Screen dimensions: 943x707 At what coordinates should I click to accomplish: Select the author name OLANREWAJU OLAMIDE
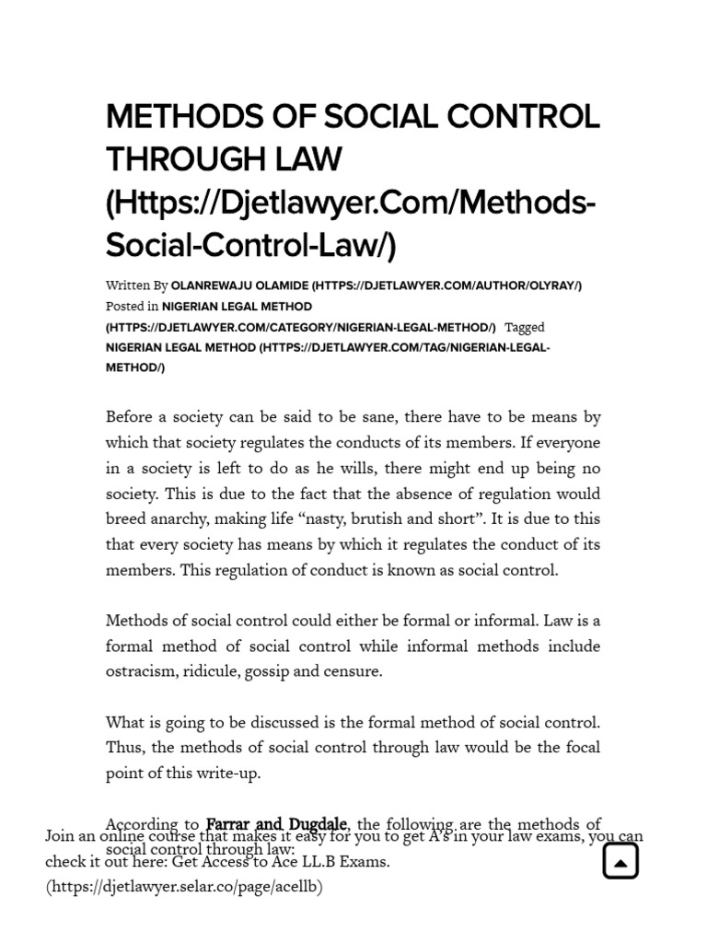click(239, 285)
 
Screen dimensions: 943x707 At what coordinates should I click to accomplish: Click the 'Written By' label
click(136, 285)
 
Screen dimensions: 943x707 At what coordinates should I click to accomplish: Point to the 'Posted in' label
click(132, 307)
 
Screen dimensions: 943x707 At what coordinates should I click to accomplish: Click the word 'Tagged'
click(524, 327)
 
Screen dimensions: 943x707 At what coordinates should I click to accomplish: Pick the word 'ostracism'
click(139, 671)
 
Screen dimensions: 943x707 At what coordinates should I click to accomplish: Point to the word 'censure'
click(353, 671)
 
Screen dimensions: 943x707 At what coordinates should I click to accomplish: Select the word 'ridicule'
click(209, 671)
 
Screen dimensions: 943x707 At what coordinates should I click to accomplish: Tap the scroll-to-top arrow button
click(620, 861)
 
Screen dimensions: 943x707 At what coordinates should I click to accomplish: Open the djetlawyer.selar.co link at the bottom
click(184, 887)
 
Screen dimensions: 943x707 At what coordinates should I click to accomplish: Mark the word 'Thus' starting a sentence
click(123, 748)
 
